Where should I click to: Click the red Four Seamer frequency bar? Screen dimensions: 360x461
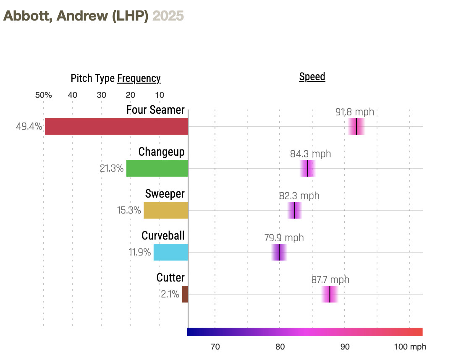[x=116, y=126]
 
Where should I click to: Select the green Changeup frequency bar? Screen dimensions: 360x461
[x=157, y=168]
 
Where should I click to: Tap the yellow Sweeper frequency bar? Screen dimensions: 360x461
[x=166, y=210]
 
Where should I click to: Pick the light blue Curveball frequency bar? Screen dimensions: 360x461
[x=170, y=252]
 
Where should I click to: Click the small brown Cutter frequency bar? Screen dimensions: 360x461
[x=185, y=294]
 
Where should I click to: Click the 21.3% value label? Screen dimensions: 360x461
[x=112, y=169]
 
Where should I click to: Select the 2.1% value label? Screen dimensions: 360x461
[x=170, y=295]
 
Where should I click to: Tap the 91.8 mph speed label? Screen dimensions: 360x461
[x=355, y=112]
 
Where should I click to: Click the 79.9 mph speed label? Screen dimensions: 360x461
[x=284, y=238]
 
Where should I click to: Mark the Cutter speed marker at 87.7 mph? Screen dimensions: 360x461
[x=330, y=294]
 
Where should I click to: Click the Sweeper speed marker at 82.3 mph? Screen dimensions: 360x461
[x=295, y=210]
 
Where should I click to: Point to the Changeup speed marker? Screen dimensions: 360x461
[x=308, y=168]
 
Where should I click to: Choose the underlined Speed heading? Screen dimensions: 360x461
[x=312, y=77]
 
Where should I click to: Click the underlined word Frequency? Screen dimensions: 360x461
[x=139, y=78]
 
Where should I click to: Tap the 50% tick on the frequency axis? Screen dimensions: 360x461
[x=43, y=95]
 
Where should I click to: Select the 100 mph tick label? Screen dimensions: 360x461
[x=410, y=347]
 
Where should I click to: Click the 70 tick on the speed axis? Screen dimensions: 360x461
[x=215, y=347]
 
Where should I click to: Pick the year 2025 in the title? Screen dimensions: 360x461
[x=168, y=16]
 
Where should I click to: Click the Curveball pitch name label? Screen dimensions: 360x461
[x=163, y=236]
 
